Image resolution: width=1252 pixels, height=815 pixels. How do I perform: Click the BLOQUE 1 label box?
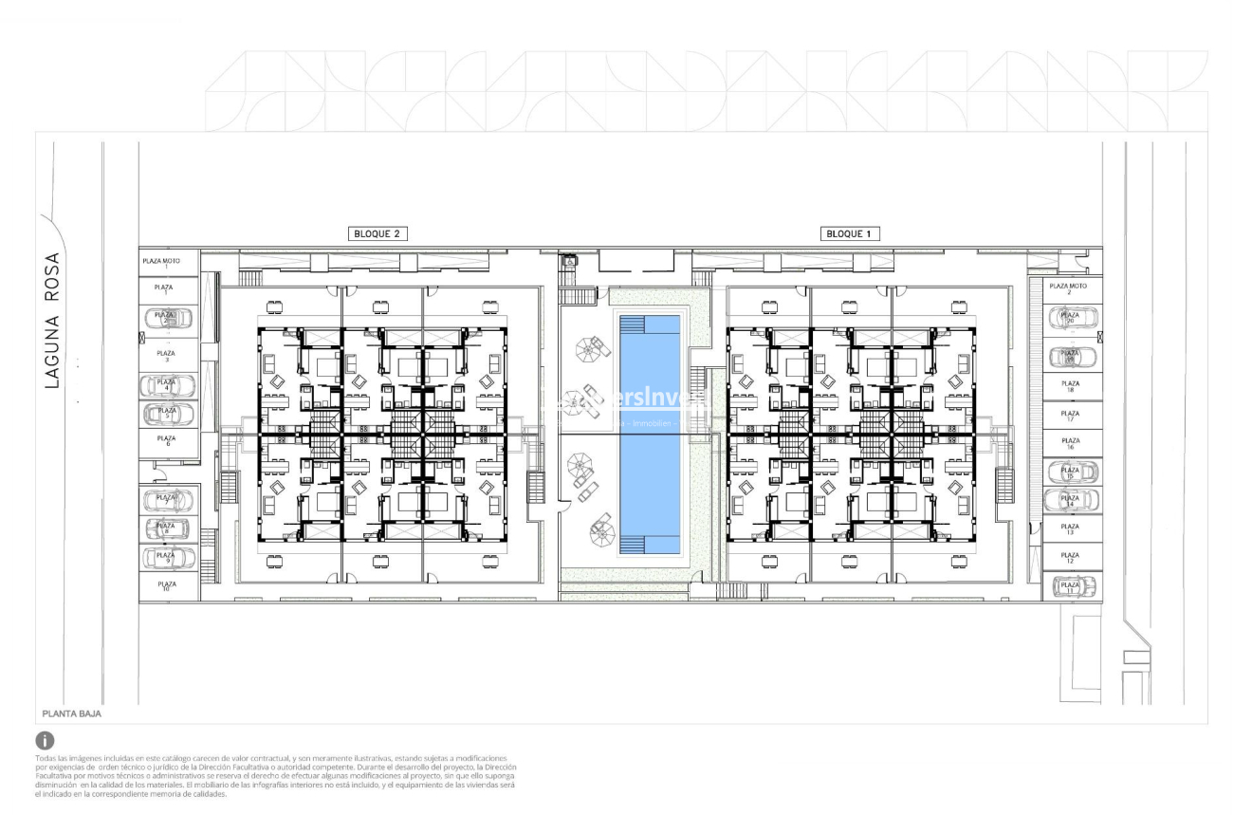(x=847, y=233)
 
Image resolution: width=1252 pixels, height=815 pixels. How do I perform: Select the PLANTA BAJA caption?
(x=72, y=713)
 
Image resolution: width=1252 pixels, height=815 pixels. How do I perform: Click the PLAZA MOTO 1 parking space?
(x=167, y=263)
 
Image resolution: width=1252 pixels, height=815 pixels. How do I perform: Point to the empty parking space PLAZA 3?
(x=167, y=356)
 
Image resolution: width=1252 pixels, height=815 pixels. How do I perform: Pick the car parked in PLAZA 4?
(x=167, y=386)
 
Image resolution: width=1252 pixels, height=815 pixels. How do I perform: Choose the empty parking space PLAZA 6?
(x=167, y=441)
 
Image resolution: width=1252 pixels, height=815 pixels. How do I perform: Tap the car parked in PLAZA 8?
(x=167, y=528)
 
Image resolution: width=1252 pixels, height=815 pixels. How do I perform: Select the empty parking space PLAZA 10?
(x=167, y=586)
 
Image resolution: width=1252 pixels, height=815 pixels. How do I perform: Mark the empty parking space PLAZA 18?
(x=1072, y=386)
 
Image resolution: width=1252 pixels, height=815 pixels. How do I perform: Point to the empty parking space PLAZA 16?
(x=1072, y=442)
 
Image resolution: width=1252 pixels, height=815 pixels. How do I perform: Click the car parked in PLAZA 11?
(x=1072, y=587)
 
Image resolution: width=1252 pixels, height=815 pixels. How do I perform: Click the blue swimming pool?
(x=650, y=435)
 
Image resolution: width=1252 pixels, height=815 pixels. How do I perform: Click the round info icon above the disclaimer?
(x=45, y=740)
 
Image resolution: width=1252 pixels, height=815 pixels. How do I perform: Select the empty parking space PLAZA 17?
(x=1072, y=416)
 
